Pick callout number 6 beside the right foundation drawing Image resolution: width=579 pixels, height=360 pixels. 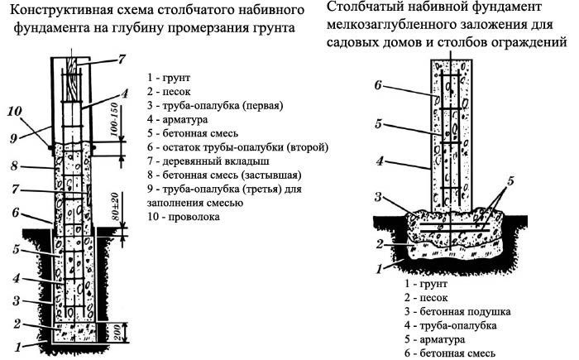377,85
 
